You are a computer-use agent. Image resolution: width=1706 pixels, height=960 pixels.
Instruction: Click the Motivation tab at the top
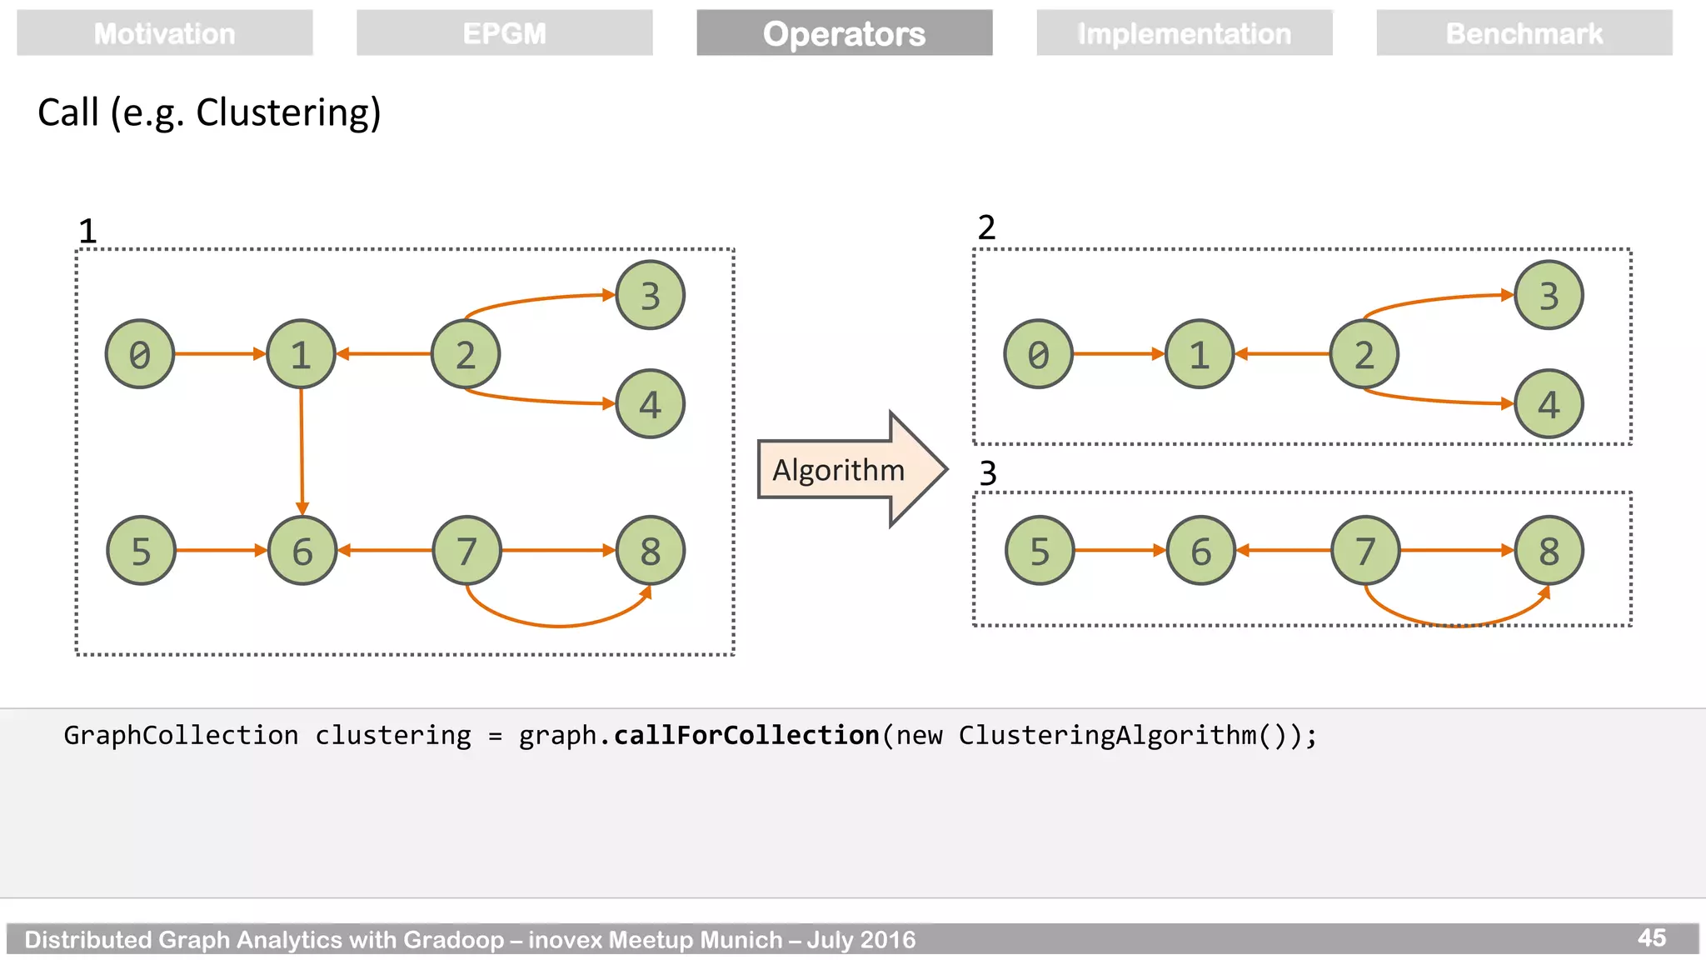coord(164,33)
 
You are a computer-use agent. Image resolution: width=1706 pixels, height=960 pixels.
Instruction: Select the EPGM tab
coord(504,33)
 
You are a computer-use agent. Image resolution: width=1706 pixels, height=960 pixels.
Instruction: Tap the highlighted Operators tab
coord(844,33)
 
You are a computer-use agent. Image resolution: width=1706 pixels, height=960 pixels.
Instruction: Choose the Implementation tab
coord(1184,33)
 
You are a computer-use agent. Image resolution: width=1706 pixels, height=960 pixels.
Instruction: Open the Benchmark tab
coord(1524,33)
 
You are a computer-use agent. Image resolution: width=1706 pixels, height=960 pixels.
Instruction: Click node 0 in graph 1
coord(140,354)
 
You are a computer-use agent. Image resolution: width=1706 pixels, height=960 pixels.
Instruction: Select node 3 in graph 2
coord(1548,295)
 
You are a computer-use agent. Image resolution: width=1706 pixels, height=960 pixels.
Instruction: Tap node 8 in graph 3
coord(1548,550)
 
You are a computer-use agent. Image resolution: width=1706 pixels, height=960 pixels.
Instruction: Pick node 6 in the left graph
coord(302,550)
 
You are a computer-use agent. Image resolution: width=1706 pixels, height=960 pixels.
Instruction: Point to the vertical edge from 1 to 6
coord(302,450)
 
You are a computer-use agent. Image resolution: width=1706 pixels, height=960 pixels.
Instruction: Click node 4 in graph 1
coord(650,404)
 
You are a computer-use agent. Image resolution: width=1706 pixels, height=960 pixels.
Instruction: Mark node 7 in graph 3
coord(1364,550)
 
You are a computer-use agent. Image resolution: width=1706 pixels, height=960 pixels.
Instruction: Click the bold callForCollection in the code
coord(746,735)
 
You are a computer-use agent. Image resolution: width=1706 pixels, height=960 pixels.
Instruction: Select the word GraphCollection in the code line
coord(181,735)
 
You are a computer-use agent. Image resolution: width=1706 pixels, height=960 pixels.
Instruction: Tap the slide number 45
coord(1651,938)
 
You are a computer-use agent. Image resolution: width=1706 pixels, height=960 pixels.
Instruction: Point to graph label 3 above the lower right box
coord(988,473)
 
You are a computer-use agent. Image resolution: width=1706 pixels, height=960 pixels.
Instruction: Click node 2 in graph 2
coord(1364,354)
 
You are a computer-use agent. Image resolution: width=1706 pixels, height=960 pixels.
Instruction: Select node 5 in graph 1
coord(141,550)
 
